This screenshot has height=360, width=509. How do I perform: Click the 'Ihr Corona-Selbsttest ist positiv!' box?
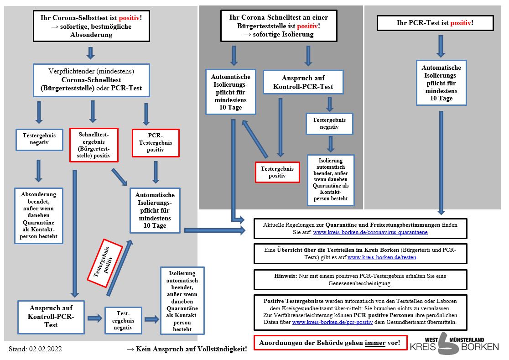pyautogui.click(x=91, y=26)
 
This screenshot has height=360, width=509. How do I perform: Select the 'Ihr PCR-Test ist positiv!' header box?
pyautogui.click(x=435, y=23)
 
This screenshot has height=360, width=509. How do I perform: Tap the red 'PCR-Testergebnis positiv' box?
pyautogui.click(x=156, y=143)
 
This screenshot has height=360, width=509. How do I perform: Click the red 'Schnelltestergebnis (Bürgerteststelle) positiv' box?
pyautogui.click(x=94, y=145)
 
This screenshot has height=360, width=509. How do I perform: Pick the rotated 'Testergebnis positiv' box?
pyautogui.click(x=105, y=263)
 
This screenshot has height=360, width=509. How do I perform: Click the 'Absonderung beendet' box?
pyautogui.click(x=39, y=215)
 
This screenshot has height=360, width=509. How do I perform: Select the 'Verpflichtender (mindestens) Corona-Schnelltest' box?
pyautogui.click(x=91, y=80)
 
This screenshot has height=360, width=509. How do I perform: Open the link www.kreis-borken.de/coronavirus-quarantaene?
pyautogui.click(x=370, y=232)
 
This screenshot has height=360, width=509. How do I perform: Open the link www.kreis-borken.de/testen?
pyautogui.click(x=382, y=257)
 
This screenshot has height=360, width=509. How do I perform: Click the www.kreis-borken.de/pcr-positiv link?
pyautogui.click(x=332, y=322)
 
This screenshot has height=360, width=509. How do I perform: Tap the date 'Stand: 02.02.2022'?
pyautogui.click(x=35, y=349)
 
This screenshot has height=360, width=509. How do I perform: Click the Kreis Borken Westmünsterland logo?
pyautogui.click(x=454, y=344)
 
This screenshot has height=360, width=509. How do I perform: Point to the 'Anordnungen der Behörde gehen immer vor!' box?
pyautogui.click(x=330, y=343)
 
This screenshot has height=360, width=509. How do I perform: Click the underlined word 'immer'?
pyautogui.click(x=375, y=343)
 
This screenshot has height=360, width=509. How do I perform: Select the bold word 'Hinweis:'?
pyautogui.click(x=286, y=276)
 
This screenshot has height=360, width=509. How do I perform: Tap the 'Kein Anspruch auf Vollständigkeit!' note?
pyautogui.click(x=187, y=349)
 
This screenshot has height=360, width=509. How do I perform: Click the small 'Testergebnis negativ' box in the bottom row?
pyautogui.click(x=123, y=320)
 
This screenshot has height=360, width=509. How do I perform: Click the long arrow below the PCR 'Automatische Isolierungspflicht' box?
pyautogui.click(x=441, y=163)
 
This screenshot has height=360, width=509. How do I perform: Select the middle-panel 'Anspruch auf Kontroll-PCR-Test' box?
pyautogui.click(x=303, y=82)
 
